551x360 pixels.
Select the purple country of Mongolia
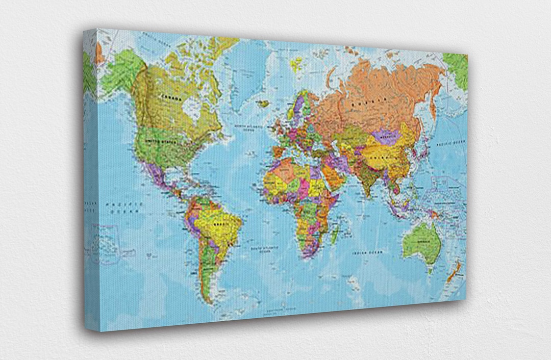(386, 136)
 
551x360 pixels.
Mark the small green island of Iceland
(263, 104)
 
